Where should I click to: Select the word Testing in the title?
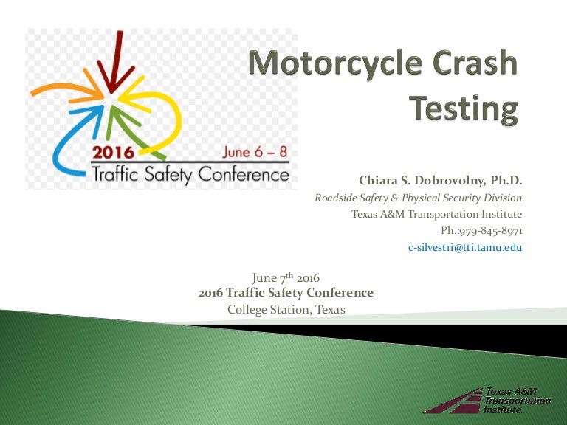click(x=464, y=108)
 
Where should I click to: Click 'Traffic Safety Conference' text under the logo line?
click(x=188, y=175)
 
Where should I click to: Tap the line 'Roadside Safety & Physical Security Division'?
click(x=418, y=198)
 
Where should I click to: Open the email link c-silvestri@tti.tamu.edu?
click(x=465, y=248)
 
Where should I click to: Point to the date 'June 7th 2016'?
click(x=286, y=277)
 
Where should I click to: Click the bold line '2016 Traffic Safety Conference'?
click(x=286, y=293)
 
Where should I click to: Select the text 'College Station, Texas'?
click(x=286, y=309)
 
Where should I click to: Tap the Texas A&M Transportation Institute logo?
click(x=487, y=400)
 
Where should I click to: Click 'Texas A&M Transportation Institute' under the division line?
click(x=436, y=214)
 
